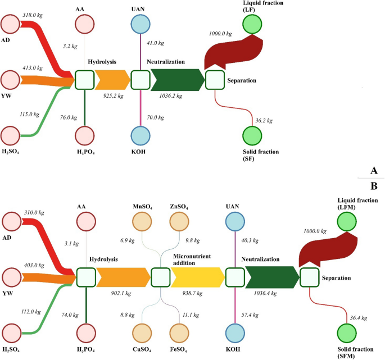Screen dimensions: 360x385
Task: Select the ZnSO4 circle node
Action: pos(179,223)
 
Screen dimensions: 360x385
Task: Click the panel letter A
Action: pos(373,170)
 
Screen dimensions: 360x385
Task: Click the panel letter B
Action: pos(373,185)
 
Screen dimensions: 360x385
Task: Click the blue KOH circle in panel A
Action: pos(140,136)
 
